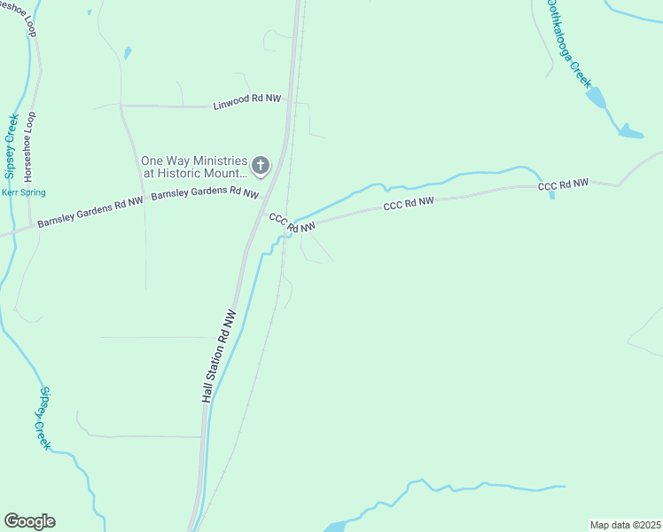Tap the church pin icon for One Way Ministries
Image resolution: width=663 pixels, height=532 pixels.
pyautogui.click(x=261, y=165)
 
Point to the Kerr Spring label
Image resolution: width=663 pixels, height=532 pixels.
pyautogui.click(x=23, y=192)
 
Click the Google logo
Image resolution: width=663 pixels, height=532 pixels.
pyautogui.click(x=29, y=521)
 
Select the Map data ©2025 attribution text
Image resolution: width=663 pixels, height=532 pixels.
pyautogui.click(x=625, y=525)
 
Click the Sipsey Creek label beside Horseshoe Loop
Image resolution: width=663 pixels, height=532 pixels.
pyautogui.click(x=11, y=145)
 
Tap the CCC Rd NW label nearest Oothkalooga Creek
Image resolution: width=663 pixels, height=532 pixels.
pyautogui.click(x=563, y=184)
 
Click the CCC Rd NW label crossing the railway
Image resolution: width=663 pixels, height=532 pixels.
pyautogui.click(x=292, y=223)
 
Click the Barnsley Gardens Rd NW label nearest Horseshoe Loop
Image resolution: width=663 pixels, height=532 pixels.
pyautogui.click(x=90, y=214)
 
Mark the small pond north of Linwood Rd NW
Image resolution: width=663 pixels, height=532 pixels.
pyautogui.click(x=128, y=53)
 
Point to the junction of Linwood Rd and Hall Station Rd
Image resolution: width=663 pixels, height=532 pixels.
pyautogui.click(x=285, y=106)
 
